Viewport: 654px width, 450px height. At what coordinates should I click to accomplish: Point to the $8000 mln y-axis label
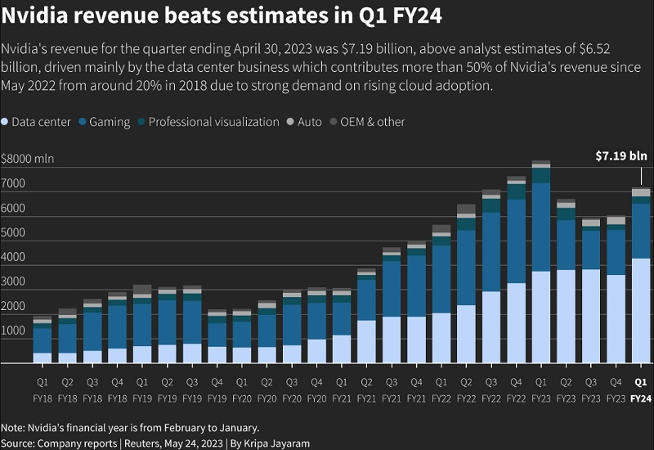point(28,159)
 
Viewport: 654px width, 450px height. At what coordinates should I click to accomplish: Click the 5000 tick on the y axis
point(12,232)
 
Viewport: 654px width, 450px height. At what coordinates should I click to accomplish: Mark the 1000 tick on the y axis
point(12,330)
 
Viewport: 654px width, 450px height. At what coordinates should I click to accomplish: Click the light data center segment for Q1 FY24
point(641,311)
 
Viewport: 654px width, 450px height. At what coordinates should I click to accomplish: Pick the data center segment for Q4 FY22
point(516,323)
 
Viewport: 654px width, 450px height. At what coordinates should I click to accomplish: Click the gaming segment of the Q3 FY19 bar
point(192,322)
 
